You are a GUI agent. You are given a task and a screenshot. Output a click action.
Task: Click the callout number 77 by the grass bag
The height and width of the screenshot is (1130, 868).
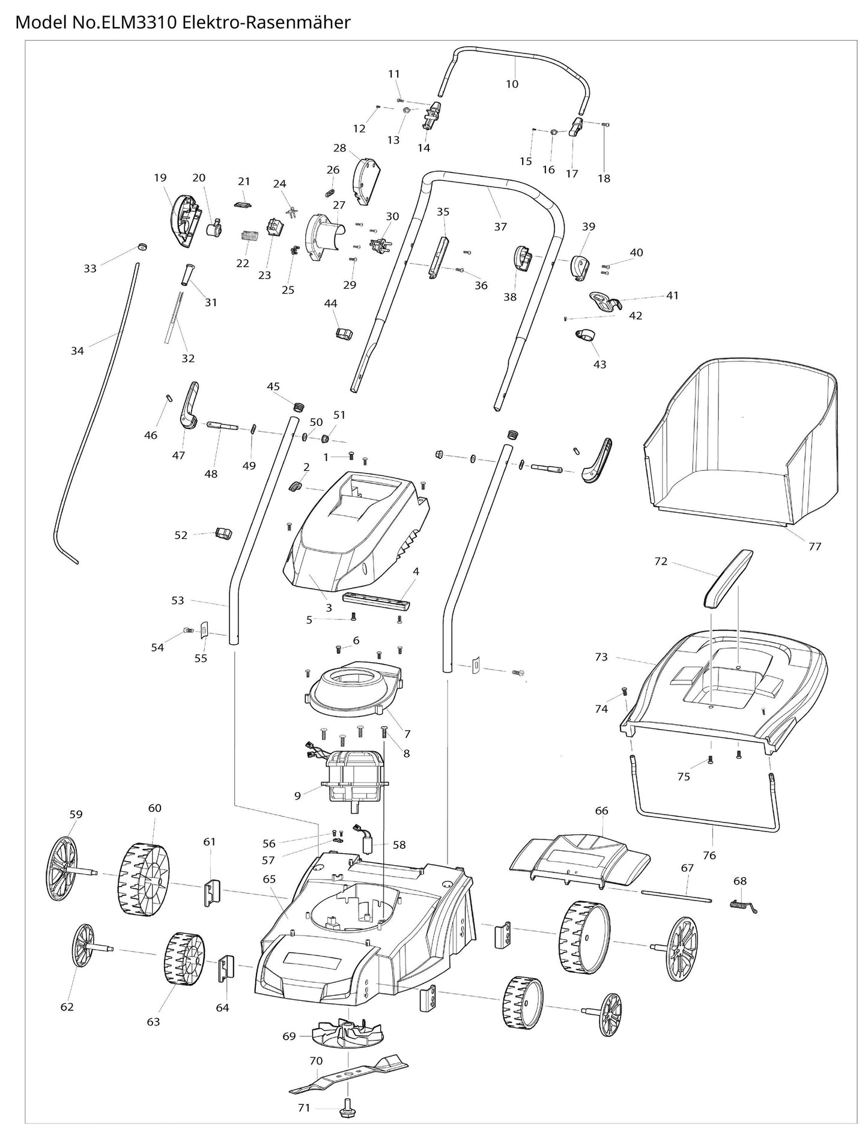coord(815,546)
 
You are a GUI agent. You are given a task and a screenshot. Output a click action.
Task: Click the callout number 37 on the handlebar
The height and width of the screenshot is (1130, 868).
coord(500,226)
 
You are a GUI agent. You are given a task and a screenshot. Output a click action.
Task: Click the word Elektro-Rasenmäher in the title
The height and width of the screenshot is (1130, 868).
coord(267,23)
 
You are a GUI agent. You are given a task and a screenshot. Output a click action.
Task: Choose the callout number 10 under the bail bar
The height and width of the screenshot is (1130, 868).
coord(512,84)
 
